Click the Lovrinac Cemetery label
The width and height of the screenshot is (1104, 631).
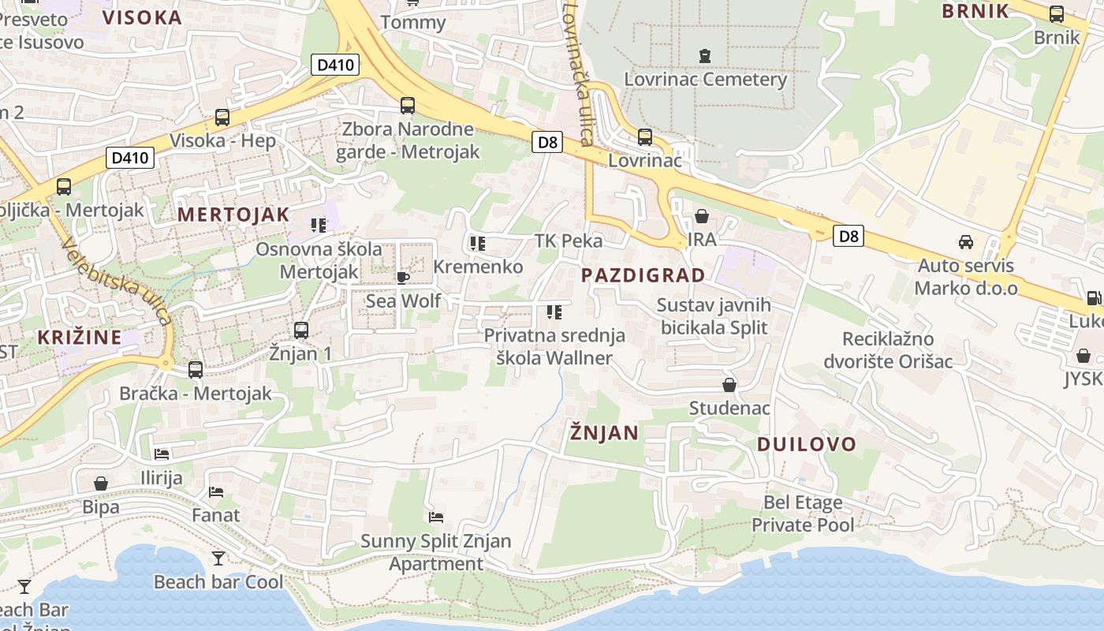click(x=705, y=80)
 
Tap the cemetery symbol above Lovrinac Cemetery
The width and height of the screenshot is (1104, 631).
click(x=704, y=56)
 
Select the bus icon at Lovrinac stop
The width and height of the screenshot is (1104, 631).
click(x=645, y=137)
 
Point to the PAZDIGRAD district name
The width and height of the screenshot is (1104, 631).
click(x=643, y=275)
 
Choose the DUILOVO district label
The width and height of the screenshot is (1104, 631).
click(x=806, y=444)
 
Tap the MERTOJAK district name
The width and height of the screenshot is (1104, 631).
click(x=233, y=215)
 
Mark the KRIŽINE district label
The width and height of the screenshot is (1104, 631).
click(x=80, y=338)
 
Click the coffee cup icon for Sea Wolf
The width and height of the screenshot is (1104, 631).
click(x=402, y=278)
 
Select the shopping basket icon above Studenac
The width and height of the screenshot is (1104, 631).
click(x=729, y=385)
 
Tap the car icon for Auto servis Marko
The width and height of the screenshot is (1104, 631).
click(x=965, y=242)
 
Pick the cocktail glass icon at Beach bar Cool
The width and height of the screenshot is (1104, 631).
click(x=218, y=558)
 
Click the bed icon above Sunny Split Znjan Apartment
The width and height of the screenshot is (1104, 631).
click(x=436, y=517)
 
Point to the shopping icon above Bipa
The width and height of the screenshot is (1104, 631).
click(x=101, y=484)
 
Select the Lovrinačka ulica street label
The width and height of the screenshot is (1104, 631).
click(x=578, y=73)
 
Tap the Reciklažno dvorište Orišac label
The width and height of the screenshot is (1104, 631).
click(x=888, y=350)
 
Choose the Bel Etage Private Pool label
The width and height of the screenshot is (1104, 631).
click(x=803, y=513)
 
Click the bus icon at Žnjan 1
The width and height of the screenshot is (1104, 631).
click(x=300, y=330)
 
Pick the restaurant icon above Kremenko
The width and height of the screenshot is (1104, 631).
click(x=477, y=243)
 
